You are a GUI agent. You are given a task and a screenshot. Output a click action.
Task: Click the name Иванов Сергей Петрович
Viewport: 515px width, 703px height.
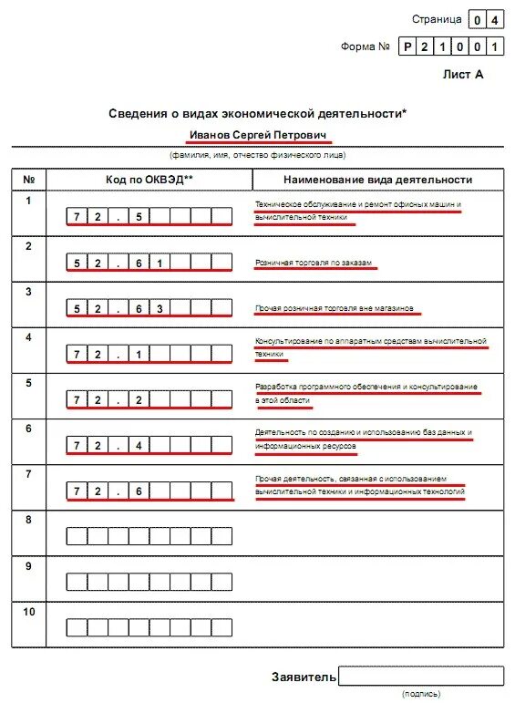(258, 135)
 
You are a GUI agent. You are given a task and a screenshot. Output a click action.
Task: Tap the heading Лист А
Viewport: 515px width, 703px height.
(463, 75)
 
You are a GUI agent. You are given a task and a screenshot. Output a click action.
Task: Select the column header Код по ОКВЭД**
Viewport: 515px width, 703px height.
(149, 180)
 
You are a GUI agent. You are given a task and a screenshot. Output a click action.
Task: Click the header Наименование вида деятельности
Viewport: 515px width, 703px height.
(377, 180)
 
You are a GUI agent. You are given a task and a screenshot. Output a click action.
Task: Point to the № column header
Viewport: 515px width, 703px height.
(29, 180)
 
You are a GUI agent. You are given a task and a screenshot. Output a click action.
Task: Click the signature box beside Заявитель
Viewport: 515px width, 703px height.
(420, 676)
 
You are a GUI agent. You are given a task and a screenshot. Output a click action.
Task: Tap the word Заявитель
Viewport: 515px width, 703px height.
(304, 677)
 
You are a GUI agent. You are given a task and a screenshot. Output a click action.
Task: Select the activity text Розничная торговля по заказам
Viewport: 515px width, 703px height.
(314, 263)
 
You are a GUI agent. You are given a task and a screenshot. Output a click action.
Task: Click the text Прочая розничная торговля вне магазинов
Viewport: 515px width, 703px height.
(334, 308)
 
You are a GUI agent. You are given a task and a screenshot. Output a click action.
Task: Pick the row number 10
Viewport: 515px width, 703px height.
(29, 611)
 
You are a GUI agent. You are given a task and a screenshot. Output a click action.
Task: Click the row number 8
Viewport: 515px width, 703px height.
(29, 520)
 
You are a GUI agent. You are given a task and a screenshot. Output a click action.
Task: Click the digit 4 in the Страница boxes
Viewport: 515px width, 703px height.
(493, 19)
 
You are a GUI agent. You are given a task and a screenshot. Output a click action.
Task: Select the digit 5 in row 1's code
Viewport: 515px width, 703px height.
(139, 217)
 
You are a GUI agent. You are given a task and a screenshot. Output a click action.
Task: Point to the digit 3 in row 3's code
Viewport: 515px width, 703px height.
(159, 308)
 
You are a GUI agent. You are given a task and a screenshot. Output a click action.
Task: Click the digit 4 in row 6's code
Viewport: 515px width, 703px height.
(139, 445)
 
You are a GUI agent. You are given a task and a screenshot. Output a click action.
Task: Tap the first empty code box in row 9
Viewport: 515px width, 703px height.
(77, 582)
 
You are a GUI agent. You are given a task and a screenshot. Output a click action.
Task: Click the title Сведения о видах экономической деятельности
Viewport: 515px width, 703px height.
(258, 113)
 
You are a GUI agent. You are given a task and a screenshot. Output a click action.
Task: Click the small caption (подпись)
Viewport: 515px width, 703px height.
(420, 694)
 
